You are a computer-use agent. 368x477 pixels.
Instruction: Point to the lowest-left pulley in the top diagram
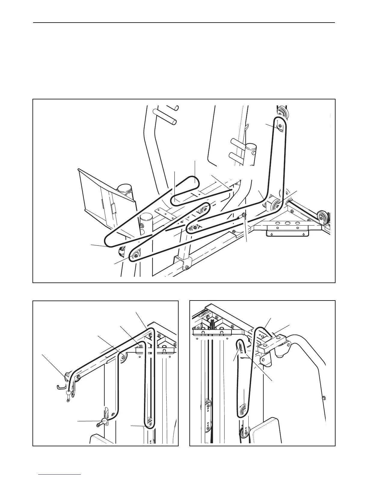click(x=135, y=255)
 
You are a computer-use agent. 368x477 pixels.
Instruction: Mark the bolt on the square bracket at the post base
click(x=187, y=267)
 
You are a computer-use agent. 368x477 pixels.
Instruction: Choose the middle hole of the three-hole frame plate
click(x=288, y=223)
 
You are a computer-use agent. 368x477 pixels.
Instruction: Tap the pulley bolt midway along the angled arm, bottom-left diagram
click(x=123, y=357)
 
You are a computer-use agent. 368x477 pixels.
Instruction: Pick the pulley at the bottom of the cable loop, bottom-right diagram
click(x=243, y=411)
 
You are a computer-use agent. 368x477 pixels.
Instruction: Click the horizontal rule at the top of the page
click(x=184, y=23)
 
